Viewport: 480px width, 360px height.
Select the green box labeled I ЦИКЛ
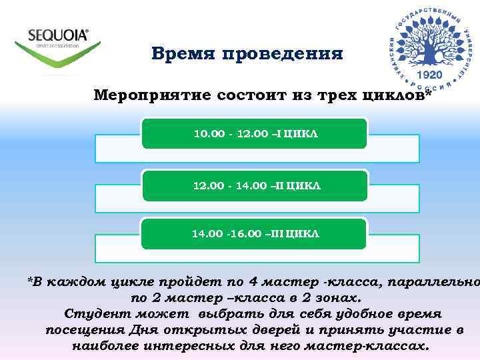[x=255, y=133]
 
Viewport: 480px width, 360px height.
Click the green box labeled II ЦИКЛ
[x=255, y=185]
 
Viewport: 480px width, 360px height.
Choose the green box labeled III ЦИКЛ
[x=255, y=234]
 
